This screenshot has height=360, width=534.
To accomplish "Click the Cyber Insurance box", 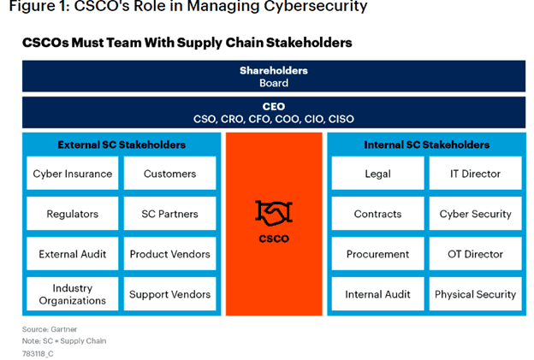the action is point(73,174).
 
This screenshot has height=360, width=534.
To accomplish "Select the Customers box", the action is point(170,174).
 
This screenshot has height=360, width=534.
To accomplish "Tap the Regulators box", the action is point(73,213).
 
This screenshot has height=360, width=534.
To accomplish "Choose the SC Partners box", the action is point(170,213).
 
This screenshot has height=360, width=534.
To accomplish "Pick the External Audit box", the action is point(73,254).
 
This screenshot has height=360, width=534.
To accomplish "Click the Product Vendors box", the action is point(170,254).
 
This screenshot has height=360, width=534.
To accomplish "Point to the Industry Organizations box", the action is point(73,294).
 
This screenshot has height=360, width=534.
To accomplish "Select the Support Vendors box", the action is point(170,294).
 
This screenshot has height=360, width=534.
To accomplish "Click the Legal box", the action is point(377,174).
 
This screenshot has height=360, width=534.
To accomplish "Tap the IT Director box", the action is point(476,174).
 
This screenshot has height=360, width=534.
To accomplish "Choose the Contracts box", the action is point(377,213).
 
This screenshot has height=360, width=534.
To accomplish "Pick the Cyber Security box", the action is point(476,213).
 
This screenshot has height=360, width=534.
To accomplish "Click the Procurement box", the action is point(377,254).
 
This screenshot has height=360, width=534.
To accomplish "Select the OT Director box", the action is point(476,254).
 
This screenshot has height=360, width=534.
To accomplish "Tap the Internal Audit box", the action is point(377,294).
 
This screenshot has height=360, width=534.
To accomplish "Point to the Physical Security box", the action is point(476,294).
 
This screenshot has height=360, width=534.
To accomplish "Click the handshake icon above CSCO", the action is point(274,213).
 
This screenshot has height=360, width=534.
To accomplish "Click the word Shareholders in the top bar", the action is point(274,70).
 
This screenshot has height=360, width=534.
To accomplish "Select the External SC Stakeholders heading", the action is point(122,145).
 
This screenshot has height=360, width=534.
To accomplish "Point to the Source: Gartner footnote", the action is point(50,329).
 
